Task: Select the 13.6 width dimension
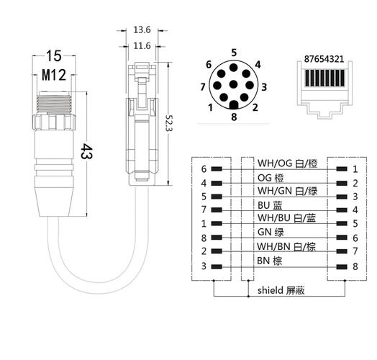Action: [x=142, y=31]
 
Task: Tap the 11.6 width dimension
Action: [x=142, y=45]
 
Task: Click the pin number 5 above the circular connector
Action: [x=234, y=52]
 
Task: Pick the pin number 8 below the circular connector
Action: [x=234, y=117]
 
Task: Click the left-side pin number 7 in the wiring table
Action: [x=204, y=210]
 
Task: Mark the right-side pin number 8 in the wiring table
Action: [x=355, y=266]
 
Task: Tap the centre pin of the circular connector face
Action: [x=234, y=84]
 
